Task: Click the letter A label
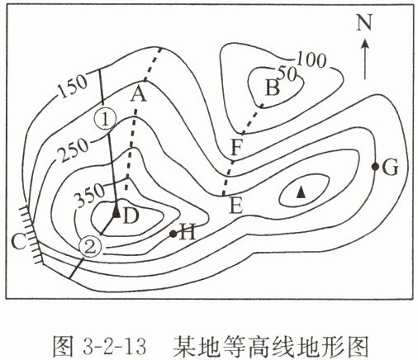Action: (139, 95)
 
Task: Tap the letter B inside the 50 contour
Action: (273, 88)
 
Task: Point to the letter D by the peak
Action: (130, 216)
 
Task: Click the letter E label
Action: (235, 206)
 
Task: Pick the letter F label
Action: (236, 148)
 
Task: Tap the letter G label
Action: (390, 168)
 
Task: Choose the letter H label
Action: (188, 232)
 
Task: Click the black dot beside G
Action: (374, 166)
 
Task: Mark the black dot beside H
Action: (173, 234)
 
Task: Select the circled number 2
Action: (90, 247)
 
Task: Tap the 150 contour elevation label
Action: (73, 86)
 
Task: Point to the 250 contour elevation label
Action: (74, 150)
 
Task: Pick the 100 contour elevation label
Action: (312, 59)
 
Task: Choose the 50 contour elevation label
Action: (287, 73)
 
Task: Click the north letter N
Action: (364, 22)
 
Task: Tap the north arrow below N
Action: (365, 59)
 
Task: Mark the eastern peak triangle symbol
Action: (301, 192)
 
